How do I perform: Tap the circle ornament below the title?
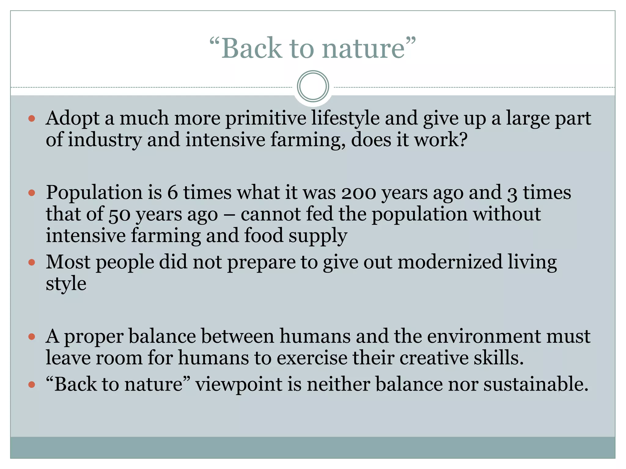pyautogui.click(x=313, y=86)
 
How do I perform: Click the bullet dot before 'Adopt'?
pyautogui.click(x=32, y=118)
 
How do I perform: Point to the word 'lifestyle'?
pyautogui.click(x=345, y=118)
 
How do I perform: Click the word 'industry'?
pyautogui.click(x=105, y=140)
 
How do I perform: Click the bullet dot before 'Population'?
pyautogui.click(x=32, y=193)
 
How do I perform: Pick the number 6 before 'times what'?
pyautogui.click(x=172, y=193)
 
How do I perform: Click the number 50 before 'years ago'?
pyautogui.click(x=119, y=215)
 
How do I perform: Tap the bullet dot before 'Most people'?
pyautogui.click(x=32, y=262)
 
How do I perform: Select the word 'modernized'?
pyautogui.click(x=450, y=262)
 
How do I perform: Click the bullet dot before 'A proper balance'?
pyautogui.click(x=32, y=337)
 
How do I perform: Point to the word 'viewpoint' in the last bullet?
pyautogui.click(x=239, y=384)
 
